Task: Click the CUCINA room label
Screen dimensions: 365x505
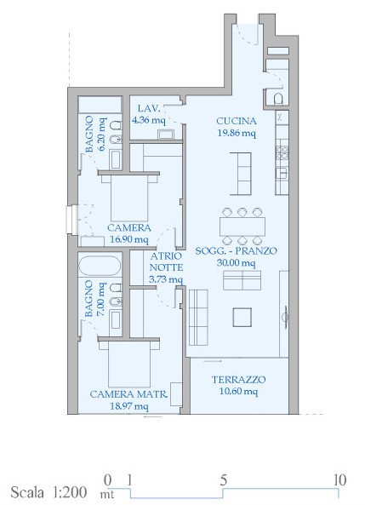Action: click(x=237, y=121)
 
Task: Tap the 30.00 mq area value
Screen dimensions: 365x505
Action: click(x=237, y=263)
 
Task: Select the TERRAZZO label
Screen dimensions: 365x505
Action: click(x=238, y=380)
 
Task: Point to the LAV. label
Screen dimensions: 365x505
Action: click(x=149, y=108)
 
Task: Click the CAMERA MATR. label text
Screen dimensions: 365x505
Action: click(x=128, y=394)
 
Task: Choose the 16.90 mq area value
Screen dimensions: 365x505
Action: click(x=129, y=239)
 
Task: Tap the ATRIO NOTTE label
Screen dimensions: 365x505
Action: click(x=166, y=261)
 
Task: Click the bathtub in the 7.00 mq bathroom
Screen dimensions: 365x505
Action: click(x=100, y=266)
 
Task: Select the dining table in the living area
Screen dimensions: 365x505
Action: click(x=242, y=227)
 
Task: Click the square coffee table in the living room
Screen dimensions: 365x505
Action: click(x=242, y=318)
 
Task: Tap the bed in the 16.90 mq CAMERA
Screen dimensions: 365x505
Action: click(x=129, y=197)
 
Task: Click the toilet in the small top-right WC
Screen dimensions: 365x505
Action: click(x=278, y=99)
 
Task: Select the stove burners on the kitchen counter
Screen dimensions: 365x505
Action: click(x=282, y=153)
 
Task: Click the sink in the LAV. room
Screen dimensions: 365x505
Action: click(x=166, y=135)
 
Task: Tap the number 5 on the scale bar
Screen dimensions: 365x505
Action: click(x=224, y=480)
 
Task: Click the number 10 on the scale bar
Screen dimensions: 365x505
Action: click(x=339, y=480)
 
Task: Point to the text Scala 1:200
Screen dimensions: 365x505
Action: click(x=48, y=492)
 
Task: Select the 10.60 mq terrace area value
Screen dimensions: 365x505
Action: click(x=238, y=392)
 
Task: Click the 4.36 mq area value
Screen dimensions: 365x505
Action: click(x=149, y=120)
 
